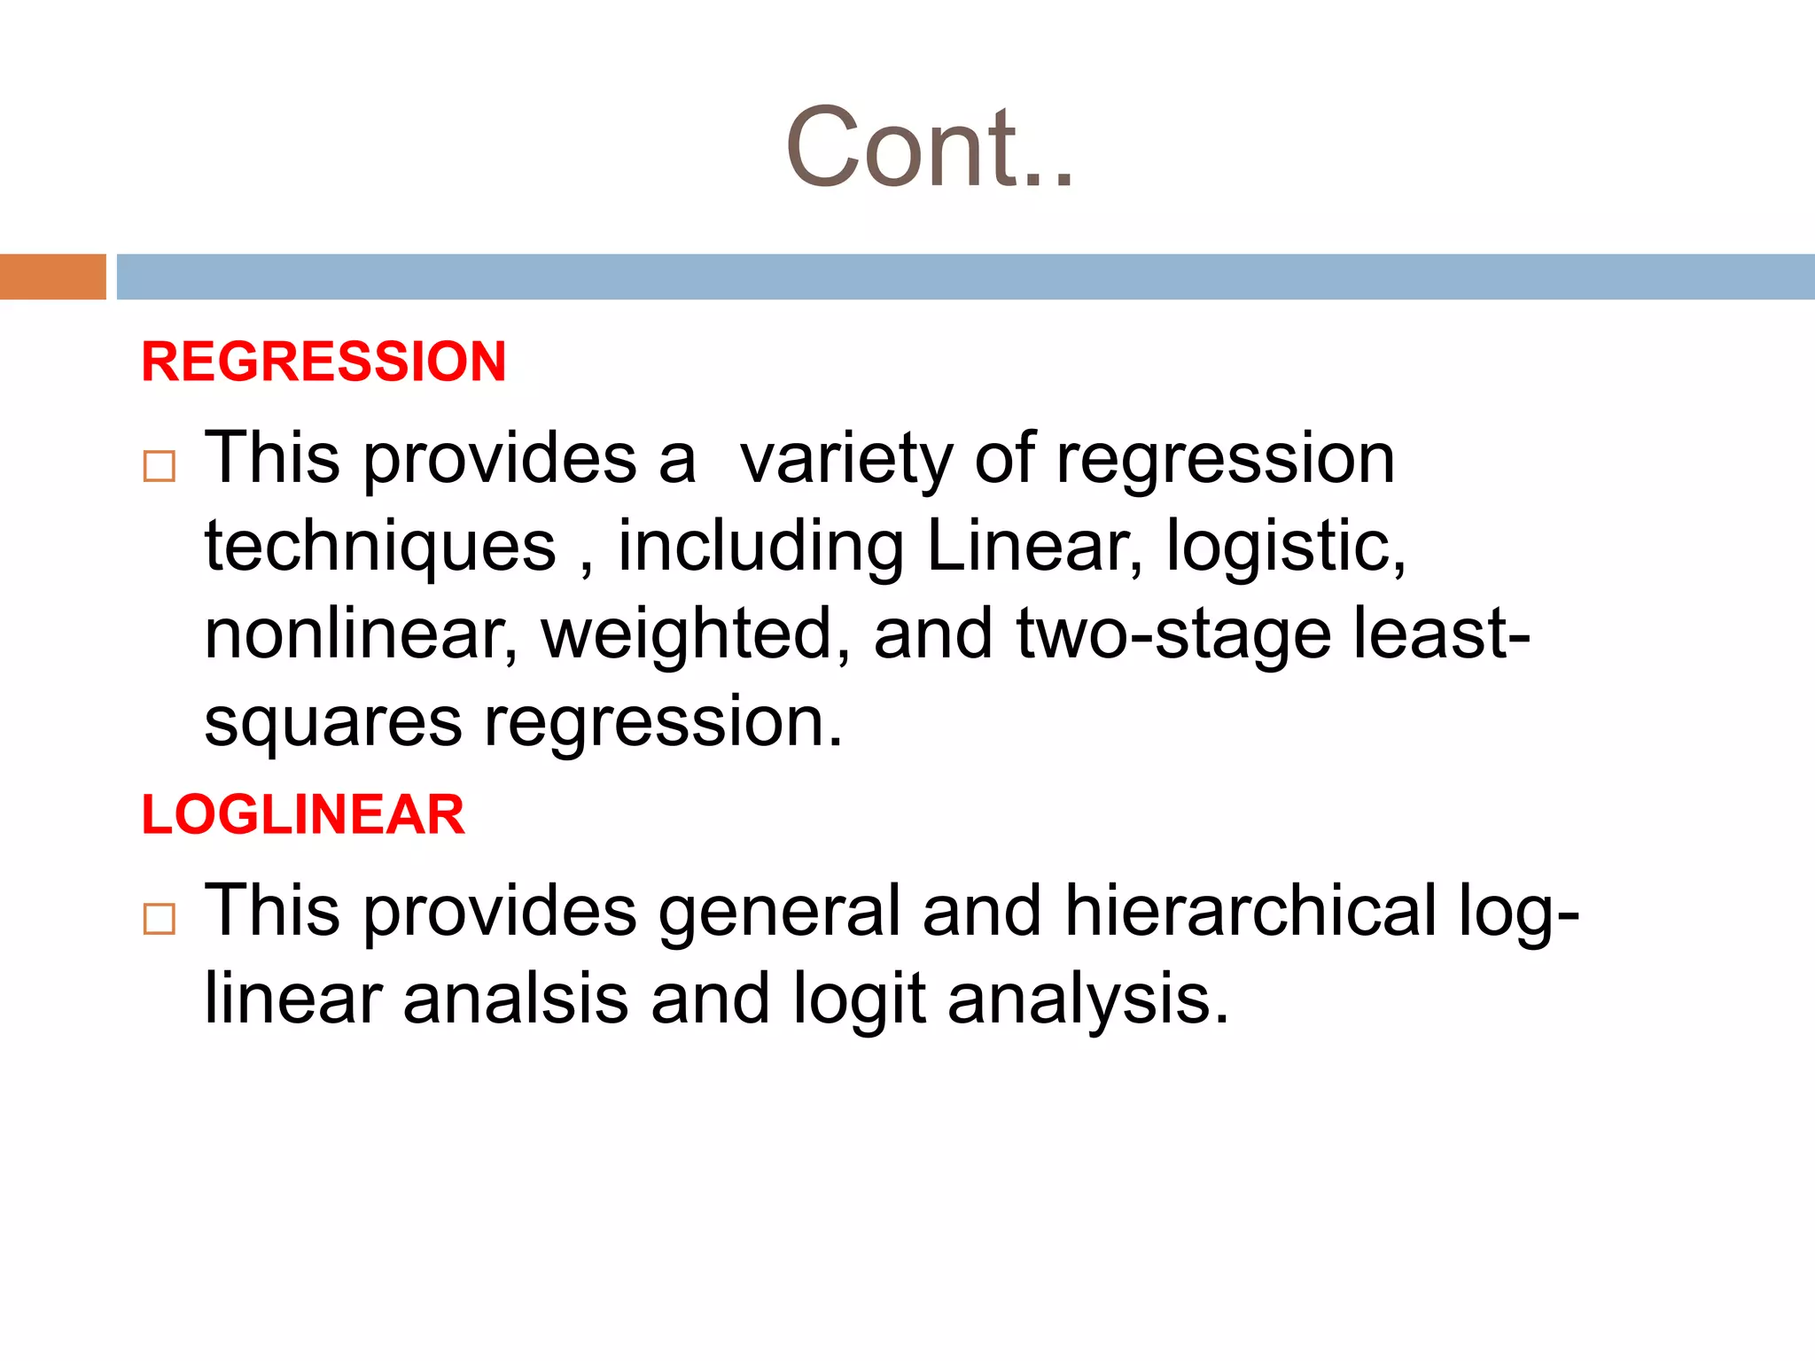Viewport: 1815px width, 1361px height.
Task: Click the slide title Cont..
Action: click(x=929, y=149)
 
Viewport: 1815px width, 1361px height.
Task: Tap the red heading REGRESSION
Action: click(x=323, y=362)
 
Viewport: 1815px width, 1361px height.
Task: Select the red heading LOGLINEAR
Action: click(x=303, y=814)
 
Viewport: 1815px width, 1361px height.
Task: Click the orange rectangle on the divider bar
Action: click(x=52, y=276)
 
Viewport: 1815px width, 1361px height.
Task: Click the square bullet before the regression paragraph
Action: click(x=160, y=466)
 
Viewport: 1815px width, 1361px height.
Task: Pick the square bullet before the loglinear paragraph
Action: click(x=160, y=919)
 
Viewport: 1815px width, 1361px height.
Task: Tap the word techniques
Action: click(x=380, y=547)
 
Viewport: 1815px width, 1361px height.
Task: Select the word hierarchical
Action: click(x=1250, y=911)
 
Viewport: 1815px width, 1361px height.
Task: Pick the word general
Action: click(x=778, y=913)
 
